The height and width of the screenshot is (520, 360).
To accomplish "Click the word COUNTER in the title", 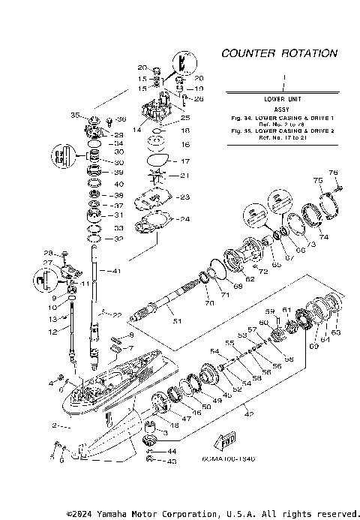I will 248,54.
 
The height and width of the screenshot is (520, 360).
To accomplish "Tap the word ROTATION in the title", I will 309,54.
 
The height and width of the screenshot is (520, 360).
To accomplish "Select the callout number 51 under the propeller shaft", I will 178,322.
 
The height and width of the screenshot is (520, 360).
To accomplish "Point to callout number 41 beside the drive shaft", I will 115,270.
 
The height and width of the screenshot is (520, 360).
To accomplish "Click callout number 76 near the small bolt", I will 333,173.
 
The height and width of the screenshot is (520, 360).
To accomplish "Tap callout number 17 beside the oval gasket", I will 187,161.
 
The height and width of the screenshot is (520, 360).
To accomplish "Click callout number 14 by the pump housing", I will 136,130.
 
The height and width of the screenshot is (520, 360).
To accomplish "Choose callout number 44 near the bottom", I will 172,450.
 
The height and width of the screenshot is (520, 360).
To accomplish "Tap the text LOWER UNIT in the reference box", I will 283,99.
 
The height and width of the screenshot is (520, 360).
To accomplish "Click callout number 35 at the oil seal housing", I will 75,116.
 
